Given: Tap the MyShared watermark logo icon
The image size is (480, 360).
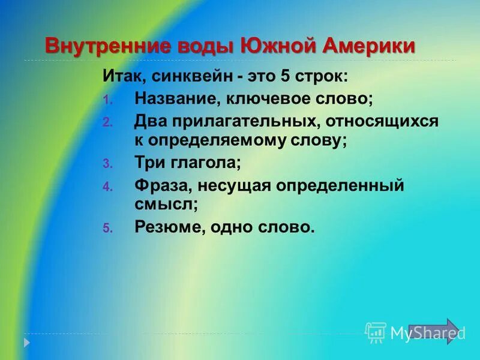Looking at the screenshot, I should pyautogui.click(x=376, y=332).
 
